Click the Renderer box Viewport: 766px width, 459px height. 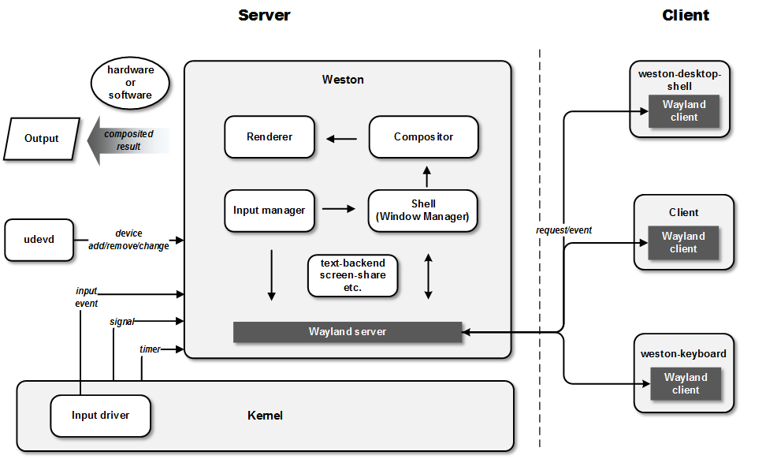[269, 137]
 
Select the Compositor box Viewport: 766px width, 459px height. [423, 137]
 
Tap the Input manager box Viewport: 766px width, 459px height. [269, 211]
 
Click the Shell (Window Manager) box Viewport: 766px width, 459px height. [423, 211]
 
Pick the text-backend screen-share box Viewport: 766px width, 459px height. [352, 275]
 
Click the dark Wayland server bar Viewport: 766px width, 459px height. [347, 332]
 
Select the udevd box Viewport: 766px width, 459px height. [38, 240]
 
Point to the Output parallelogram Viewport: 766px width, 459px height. [42, 139]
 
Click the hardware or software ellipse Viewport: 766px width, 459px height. [130, 83]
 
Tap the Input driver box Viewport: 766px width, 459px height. [100, 416]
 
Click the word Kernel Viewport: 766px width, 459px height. [265, 416]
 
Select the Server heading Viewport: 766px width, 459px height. [264, 15]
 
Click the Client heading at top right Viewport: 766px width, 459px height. [685, 15]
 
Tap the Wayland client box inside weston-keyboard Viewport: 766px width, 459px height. [685, 383]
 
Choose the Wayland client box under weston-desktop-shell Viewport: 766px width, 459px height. [683, 111]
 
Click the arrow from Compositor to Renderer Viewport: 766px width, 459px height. [342, 139]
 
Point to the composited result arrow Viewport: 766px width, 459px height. [131, 140]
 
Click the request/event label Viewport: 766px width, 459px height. [563, 230]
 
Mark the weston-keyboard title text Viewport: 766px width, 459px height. [683, 354]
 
